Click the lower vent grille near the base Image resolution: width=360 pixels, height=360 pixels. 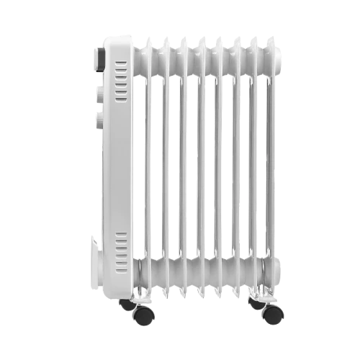point(120,246)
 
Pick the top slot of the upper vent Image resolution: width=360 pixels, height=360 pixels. point(121,63)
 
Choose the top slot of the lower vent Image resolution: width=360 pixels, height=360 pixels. point(120,234)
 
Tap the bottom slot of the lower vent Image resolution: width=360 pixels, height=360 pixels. point(120,257)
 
